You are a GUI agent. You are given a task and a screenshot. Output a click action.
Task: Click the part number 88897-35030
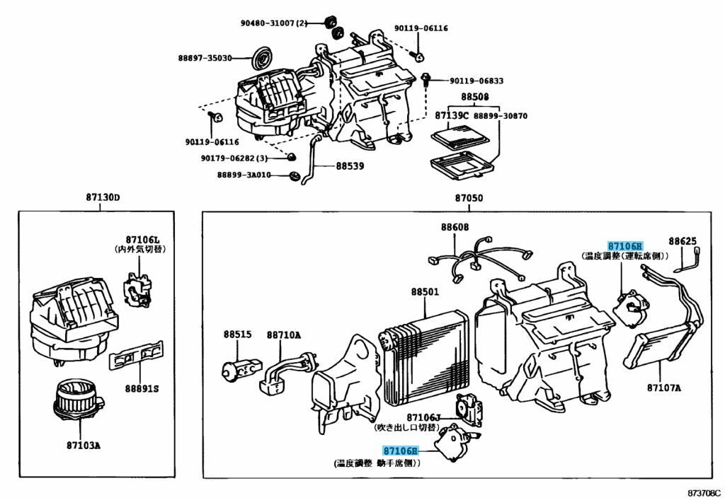point(205,58)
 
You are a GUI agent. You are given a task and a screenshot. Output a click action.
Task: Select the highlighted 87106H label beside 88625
point(624,245)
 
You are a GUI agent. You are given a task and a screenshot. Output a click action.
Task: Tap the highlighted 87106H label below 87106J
point(401,451)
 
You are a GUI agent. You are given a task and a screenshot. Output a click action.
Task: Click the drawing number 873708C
point(702,492)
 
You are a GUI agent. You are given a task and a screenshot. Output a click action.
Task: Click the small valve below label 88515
point(233,368)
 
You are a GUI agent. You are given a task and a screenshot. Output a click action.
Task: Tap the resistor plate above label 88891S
point(136,356)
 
